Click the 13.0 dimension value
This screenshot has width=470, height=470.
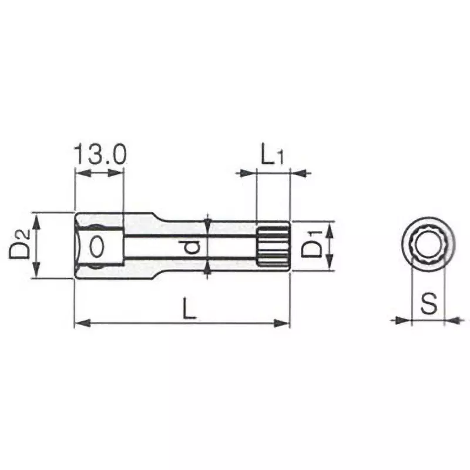99,155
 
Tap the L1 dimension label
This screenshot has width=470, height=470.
273,156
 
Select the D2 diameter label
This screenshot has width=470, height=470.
19,245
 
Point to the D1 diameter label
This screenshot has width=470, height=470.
311,246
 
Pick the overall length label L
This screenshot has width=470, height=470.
189,307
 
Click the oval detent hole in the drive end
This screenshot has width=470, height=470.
97,246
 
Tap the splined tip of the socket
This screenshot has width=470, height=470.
273,246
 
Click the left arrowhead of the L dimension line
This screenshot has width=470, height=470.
81,322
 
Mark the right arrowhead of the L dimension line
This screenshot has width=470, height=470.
284,322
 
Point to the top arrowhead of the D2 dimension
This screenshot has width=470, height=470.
37,219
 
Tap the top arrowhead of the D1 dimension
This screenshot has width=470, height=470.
330,228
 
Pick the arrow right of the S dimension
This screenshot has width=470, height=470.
452,320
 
